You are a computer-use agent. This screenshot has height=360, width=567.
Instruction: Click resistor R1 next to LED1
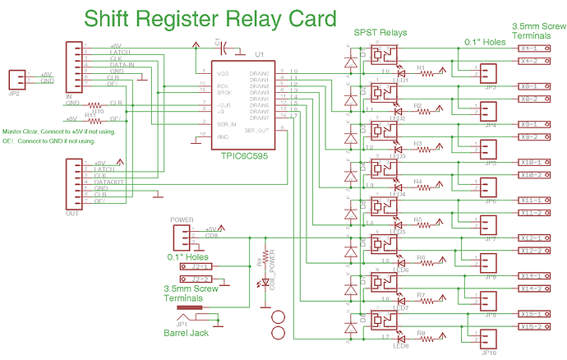click(x=426, y=73)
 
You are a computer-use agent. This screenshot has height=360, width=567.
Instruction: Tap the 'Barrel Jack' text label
click(x=185, y=332)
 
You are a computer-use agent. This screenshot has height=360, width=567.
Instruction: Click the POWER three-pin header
click(x=180, y=237)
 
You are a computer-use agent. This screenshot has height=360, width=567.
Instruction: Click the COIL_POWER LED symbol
click(x=265, y=284)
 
